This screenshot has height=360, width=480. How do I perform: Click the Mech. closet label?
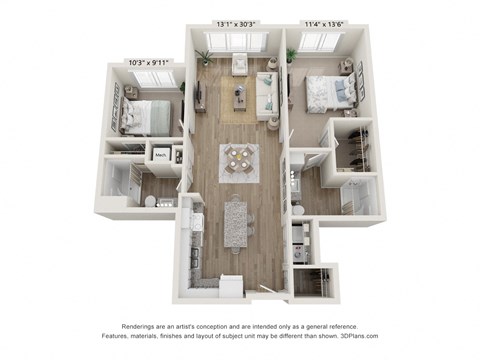pyautogui.click(x=160, y=154)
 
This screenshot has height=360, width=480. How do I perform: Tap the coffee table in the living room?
pyautogui.click(x=240, y=97)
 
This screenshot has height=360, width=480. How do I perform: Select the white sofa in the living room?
pyautogui.click(x=267, y=95)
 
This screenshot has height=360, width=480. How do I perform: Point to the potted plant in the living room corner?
pyautogui.click(x=205, y=57)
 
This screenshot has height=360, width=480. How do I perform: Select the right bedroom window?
pyautogui.click(x=320, y=41)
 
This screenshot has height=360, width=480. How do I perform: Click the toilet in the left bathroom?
pyautogui.click(x=150, y=201)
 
